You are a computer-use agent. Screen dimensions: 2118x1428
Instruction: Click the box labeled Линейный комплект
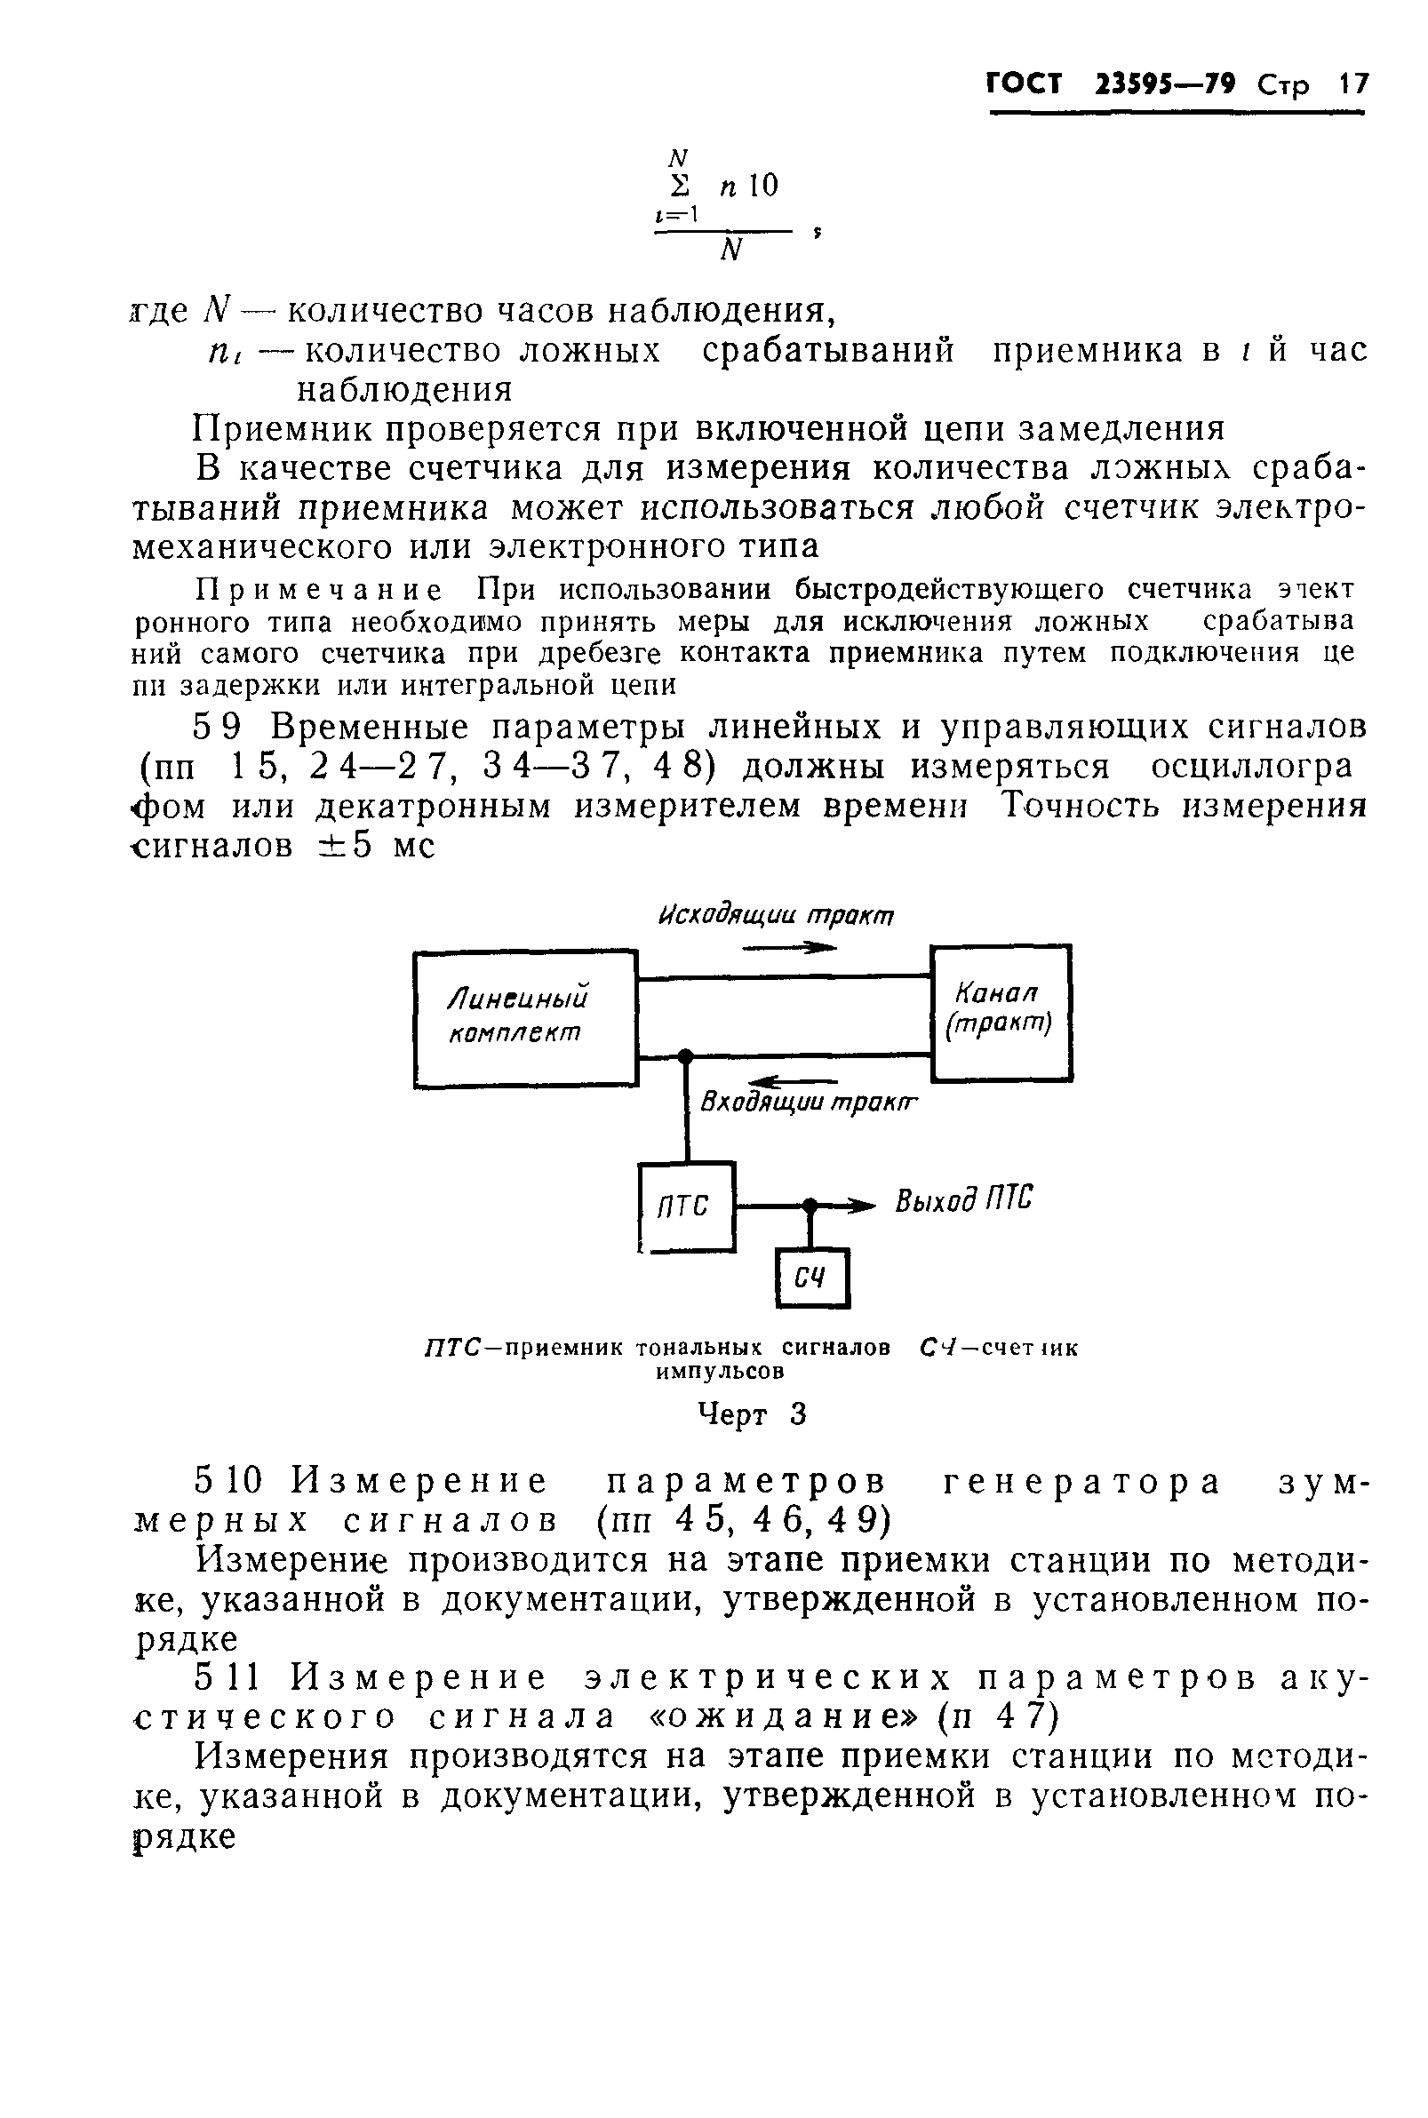click(525, 1019)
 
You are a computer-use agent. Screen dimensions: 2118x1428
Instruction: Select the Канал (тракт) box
click(1000, 1012)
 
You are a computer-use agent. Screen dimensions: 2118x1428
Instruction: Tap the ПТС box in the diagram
click(687, 1206)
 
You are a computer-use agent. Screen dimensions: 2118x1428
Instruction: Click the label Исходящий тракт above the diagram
click(776, 915)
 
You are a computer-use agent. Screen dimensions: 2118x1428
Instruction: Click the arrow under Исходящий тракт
click(789, 948)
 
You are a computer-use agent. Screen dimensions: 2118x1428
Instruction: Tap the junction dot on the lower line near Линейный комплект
click(686, 1055)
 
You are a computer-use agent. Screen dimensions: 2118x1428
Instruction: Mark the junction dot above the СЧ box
click(810, 1206)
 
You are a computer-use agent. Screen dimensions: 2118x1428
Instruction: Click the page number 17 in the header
click(1353, 84)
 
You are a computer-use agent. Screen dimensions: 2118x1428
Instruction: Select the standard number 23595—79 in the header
click(1166, 84)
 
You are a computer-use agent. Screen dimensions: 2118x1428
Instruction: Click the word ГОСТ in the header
click(1025, 84)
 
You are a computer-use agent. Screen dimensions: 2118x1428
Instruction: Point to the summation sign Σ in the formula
click(680, 186)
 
